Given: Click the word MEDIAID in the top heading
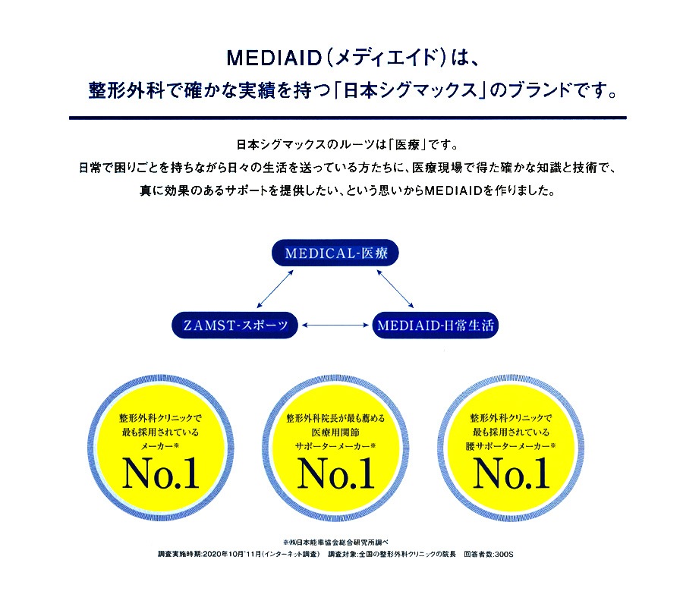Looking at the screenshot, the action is tap(274, 58).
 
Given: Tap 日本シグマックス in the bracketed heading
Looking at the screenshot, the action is tap(411, 90).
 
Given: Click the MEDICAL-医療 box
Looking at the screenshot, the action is tap(335, 253).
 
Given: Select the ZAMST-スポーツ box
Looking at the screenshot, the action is tap(235, 325).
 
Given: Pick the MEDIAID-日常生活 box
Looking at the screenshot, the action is tap(436, 325).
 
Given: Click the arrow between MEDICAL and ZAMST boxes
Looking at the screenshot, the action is tap(275, 288).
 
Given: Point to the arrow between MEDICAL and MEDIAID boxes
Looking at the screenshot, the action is tap(395, 288).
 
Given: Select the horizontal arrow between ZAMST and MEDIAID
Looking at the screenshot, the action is tap(335, 325).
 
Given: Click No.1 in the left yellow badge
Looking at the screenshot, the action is tap(161, 473).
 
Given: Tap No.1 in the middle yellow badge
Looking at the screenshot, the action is tap(336, 473).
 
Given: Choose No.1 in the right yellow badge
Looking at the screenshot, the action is tap(511, 473).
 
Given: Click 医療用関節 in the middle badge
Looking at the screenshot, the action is tap(335, 432).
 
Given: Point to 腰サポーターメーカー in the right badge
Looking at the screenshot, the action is tap(508, 446).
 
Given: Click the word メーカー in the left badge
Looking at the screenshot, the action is tap(157, 446).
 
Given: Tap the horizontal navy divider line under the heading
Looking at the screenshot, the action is tap(348, 118).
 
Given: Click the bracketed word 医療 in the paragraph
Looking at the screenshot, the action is tap(408, 145).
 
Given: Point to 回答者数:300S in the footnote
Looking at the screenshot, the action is tap(489, 555).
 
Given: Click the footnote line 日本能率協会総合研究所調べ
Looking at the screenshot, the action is tap(336, 543).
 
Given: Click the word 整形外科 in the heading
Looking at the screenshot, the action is tap(127, 90).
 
